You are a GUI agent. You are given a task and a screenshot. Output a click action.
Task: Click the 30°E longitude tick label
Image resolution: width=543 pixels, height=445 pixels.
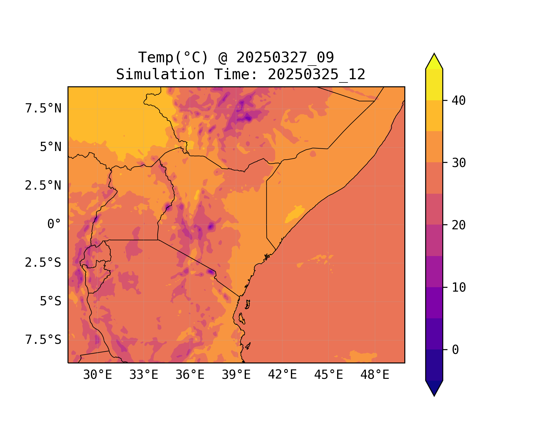click(x=97, y=375)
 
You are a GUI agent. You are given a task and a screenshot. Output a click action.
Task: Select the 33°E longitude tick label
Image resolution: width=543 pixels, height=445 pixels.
click(x=144, y=375)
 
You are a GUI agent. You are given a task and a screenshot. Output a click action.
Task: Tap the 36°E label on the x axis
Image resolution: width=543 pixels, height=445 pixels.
click(x=190, y=375)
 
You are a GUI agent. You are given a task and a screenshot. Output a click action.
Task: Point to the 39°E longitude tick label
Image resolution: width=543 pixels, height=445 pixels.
click(x=236, y=375)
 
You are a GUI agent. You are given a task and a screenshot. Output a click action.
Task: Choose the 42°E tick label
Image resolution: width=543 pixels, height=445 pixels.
click(x=282, y=375)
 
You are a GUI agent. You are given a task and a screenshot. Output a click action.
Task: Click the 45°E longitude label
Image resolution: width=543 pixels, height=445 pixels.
click(x=329, y=375)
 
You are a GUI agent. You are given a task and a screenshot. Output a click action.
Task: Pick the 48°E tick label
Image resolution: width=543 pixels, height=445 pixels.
click(x=375, y=375)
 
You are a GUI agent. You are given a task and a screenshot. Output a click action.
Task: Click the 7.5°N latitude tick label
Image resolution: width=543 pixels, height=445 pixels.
click(x=43, y=109)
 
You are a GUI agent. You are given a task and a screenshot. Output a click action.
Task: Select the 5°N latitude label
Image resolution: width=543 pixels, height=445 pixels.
click(x=51, y=147)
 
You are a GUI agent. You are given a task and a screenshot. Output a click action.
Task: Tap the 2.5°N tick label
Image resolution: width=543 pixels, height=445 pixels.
click(x=43, y=186)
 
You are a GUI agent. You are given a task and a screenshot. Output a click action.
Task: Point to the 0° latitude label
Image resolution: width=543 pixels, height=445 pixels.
click(x=54, y=224)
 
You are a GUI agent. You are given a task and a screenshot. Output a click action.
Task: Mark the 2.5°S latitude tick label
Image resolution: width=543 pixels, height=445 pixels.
click(x=43, y=263)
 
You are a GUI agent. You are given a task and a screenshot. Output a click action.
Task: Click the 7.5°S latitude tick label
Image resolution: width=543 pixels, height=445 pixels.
click(x=43, y=340)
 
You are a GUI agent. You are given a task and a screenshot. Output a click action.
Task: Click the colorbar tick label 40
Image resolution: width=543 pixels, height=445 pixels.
click(x=459, y=101)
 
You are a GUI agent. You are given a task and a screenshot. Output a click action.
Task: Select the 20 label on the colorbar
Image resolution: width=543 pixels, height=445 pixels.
click(x=459, y=225)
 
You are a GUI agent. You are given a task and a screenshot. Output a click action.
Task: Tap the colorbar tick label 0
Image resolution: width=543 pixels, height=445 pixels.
click(x=455, y=350)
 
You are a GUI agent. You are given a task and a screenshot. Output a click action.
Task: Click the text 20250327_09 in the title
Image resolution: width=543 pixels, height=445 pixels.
click(x=285, y=58)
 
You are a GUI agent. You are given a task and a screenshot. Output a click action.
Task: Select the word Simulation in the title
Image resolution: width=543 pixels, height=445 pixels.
click(x=160, y=74)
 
